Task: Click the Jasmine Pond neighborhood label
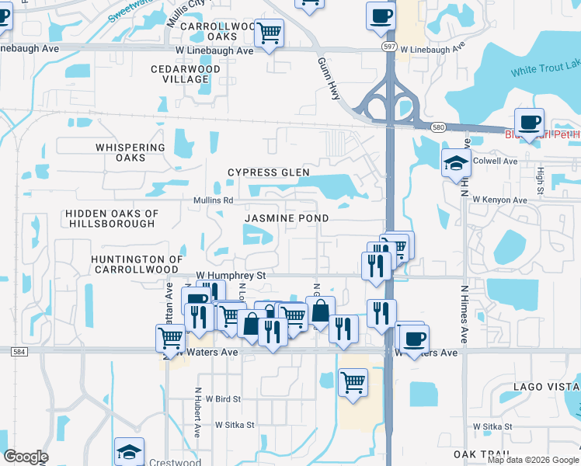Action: click(287, 219)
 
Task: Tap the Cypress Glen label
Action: click(268, 172)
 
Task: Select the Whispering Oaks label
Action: click(130, 152)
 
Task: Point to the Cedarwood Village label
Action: click(186, 75)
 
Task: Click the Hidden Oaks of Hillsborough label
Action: click(112, 218)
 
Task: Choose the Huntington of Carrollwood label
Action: click(137, 264)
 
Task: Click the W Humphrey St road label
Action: click(231, 275)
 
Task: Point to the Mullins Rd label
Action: click(214, 200)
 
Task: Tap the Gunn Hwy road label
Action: click(330, 78)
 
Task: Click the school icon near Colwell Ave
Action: click(456, 164)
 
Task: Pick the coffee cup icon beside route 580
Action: click(529, 122)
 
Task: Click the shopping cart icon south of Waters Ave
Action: click(353, 382)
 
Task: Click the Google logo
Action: click(26, 457)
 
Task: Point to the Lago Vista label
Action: click(544, 387)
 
